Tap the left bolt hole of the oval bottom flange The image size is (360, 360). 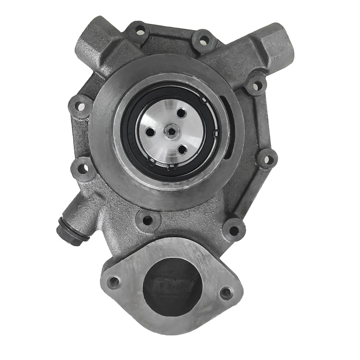pyautogui.click(x=114, y=282)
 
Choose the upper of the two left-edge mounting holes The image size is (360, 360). pyautogui.click(x=79, y=108)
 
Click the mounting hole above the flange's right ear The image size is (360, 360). pyautogui.click(x=234, y=230)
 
